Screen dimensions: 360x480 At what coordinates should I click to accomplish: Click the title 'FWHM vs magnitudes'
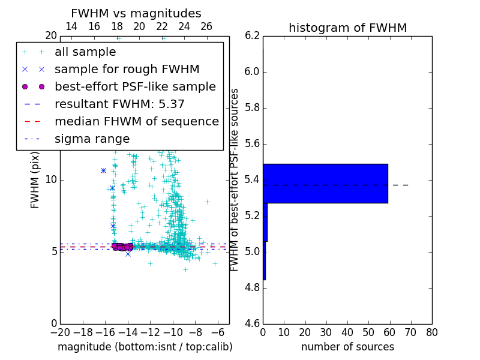[x=136, y=13]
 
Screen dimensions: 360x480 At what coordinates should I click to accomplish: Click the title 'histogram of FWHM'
[x=347, y=28]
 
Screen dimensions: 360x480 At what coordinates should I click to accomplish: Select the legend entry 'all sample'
[x=85, y=52]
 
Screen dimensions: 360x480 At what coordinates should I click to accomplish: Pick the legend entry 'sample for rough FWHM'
[x=127, y=69]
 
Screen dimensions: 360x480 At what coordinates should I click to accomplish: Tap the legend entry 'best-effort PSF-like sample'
[x=135, y=86]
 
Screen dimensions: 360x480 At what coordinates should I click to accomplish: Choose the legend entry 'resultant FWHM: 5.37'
[x=119, y=104]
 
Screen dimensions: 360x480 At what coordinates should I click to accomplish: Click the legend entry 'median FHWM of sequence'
[x=136, y=121]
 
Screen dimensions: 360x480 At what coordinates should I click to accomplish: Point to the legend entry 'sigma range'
[x=92, y=139]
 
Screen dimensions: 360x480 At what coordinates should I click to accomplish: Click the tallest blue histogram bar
[x=325, y=183]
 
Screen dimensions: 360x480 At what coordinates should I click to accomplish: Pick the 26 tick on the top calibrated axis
[x=206, y=26]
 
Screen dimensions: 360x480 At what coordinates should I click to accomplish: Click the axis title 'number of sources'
[x=347, y=347]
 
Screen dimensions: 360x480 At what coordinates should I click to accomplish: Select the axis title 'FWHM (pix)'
[x=35, y=179]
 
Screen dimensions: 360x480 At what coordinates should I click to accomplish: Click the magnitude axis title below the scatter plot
[x=145, y=347]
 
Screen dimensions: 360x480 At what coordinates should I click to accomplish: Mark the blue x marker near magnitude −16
[x=103, y=170]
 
